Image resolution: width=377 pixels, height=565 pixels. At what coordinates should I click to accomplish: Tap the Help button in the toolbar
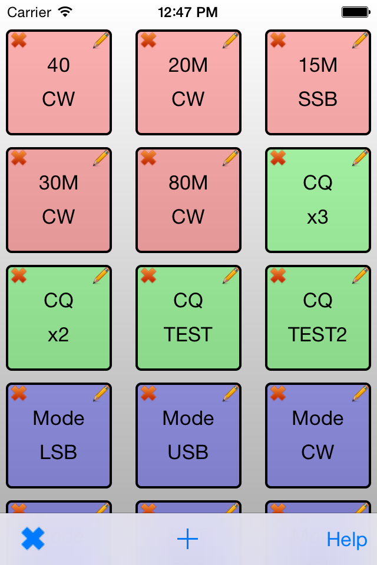[x=347, y=540]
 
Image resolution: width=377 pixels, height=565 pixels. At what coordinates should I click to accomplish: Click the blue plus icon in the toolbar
[x=188, y=539]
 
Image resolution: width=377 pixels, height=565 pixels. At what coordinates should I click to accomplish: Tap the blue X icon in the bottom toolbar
[x=33, y=539]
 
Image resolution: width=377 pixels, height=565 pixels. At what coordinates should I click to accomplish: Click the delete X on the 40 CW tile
[x=19, y=40]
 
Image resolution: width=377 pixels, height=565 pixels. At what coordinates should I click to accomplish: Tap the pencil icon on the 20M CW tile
[x=230, y=40]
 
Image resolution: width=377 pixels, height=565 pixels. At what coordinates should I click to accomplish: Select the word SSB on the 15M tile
[x=318, y=99]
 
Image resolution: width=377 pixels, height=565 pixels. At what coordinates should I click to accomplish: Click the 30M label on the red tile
[x=58, y=183]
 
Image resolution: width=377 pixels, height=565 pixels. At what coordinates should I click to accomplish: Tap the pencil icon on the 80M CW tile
[x=230, y=158]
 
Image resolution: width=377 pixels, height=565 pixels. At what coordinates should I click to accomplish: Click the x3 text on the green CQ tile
[x=318, y=217]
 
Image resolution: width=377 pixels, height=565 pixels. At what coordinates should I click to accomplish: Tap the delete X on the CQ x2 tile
[x=19, y=275]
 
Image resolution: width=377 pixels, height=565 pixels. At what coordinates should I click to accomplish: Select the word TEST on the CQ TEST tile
[x=188, y=334]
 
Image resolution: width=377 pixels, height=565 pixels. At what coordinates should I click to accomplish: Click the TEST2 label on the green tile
[x=318, y=334]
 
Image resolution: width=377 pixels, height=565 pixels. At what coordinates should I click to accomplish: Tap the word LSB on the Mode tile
[x=58, y=452]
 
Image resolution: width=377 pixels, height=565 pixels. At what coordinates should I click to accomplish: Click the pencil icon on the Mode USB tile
[x=230, y=393]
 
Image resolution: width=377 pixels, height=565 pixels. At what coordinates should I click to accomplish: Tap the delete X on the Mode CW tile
[x=278, y=393]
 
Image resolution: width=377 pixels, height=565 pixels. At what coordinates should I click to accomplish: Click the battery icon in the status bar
[x=355, y=12]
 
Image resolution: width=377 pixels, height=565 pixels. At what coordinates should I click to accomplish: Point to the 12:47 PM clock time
[x=188, y=12]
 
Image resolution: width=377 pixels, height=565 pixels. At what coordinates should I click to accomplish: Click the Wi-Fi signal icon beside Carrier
[x=65, y=11]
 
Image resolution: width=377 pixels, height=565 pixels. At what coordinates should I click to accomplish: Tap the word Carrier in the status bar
[x=29, y=12]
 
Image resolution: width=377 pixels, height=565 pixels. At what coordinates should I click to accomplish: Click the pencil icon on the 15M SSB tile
[x=360, y=40]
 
